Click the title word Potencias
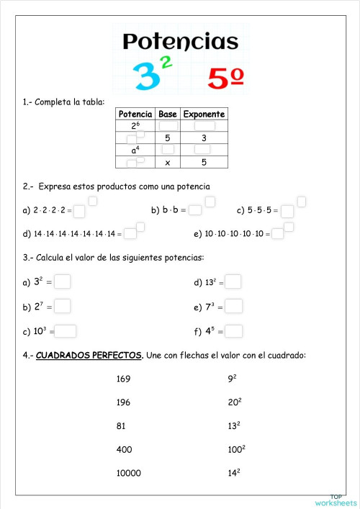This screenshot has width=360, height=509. pos(180,42)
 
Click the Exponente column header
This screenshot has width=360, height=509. pos(204,114)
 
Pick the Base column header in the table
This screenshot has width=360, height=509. pos(168,114)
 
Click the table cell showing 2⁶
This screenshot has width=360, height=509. pos(135,126)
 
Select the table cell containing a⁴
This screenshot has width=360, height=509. pos(135,150)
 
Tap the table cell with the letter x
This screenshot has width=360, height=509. pos(168,163)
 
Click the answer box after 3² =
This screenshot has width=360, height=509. pos(63,282)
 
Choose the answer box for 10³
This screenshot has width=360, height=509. pos(66,331)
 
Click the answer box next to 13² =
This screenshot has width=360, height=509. pos(233,282)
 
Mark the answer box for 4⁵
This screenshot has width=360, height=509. pos(234,331)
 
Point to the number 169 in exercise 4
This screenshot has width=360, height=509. pos(123,378)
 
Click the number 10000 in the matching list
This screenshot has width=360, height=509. pos(128,473)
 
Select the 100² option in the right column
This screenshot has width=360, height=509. pos(236,449)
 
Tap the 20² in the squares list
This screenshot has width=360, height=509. pos(234,402)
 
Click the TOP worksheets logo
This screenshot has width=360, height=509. pos(336,500)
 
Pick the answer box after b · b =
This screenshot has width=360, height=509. pos(195,211)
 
